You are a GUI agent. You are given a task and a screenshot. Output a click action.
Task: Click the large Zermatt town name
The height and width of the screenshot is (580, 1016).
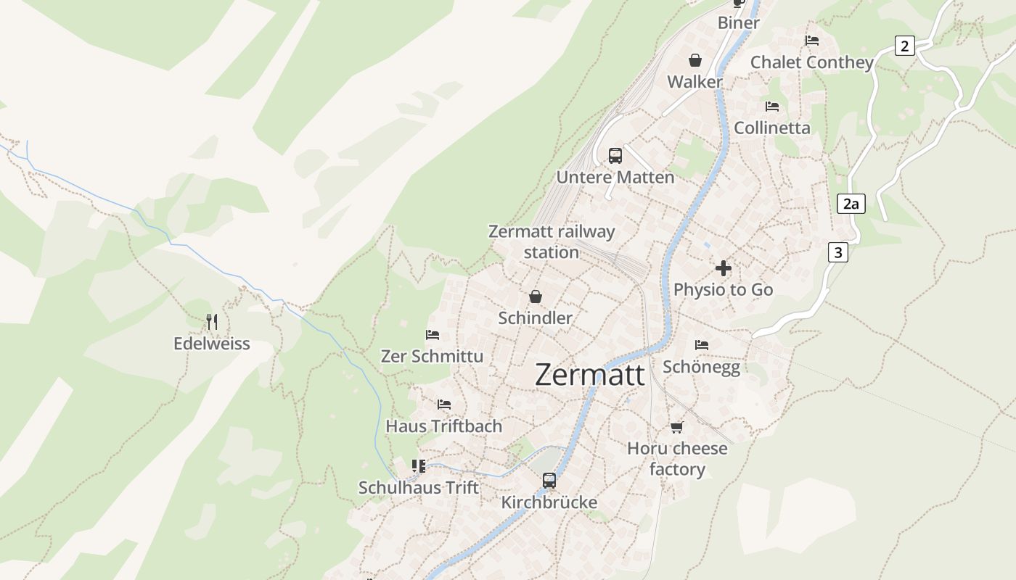[x=589, y=375]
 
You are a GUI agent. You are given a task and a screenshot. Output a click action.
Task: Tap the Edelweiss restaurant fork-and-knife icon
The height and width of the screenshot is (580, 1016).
[x=212, y=322]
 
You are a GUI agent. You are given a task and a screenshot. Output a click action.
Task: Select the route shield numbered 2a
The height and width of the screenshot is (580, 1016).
[x=851, y=204]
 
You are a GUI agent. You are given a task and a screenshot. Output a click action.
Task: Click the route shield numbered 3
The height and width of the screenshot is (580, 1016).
[x=838, y=252]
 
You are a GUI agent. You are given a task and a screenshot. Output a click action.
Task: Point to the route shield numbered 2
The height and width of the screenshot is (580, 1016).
[x=904, y=46]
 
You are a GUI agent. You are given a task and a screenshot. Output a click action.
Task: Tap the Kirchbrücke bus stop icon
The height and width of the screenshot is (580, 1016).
[x=549, y=480]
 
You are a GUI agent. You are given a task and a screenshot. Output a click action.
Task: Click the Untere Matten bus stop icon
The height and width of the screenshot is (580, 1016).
[x=615, y=155]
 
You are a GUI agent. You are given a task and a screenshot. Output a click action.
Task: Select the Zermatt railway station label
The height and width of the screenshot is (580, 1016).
[x=552, y=241]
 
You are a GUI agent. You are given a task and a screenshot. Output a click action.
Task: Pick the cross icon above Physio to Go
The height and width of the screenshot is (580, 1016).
[x=723, y=268]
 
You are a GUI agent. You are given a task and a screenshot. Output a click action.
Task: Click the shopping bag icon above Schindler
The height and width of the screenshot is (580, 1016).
[x=536, y=296]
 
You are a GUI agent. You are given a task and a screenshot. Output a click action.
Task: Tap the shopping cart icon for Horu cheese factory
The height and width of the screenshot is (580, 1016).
[x=677, y=427]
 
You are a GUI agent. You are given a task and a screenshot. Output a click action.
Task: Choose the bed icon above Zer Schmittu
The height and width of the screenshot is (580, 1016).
[x=433, y=335]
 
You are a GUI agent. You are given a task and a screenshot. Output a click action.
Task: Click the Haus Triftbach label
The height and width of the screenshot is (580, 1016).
[x=443, y=426]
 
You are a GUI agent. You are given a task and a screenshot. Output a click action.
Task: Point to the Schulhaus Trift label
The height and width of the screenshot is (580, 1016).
[x=419, y=487]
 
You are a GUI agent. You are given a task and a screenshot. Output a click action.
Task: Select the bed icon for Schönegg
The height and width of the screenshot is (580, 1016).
[x=701, y=345]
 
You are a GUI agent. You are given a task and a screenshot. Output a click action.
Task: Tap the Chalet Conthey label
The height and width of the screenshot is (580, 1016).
[x=811, y=62]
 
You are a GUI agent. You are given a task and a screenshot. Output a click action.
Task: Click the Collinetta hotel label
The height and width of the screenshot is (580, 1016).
[x=771, y=128]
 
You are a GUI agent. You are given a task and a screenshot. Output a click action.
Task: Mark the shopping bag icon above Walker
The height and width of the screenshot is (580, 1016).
[x=695, y=59]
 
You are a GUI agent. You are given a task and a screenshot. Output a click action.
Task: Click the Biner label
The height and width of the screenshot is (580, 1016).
[x=738, y=22]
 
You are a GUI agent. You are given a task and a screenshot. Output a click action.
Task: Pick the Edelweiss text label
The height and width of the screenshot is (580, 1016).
[x=211, y=344]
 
